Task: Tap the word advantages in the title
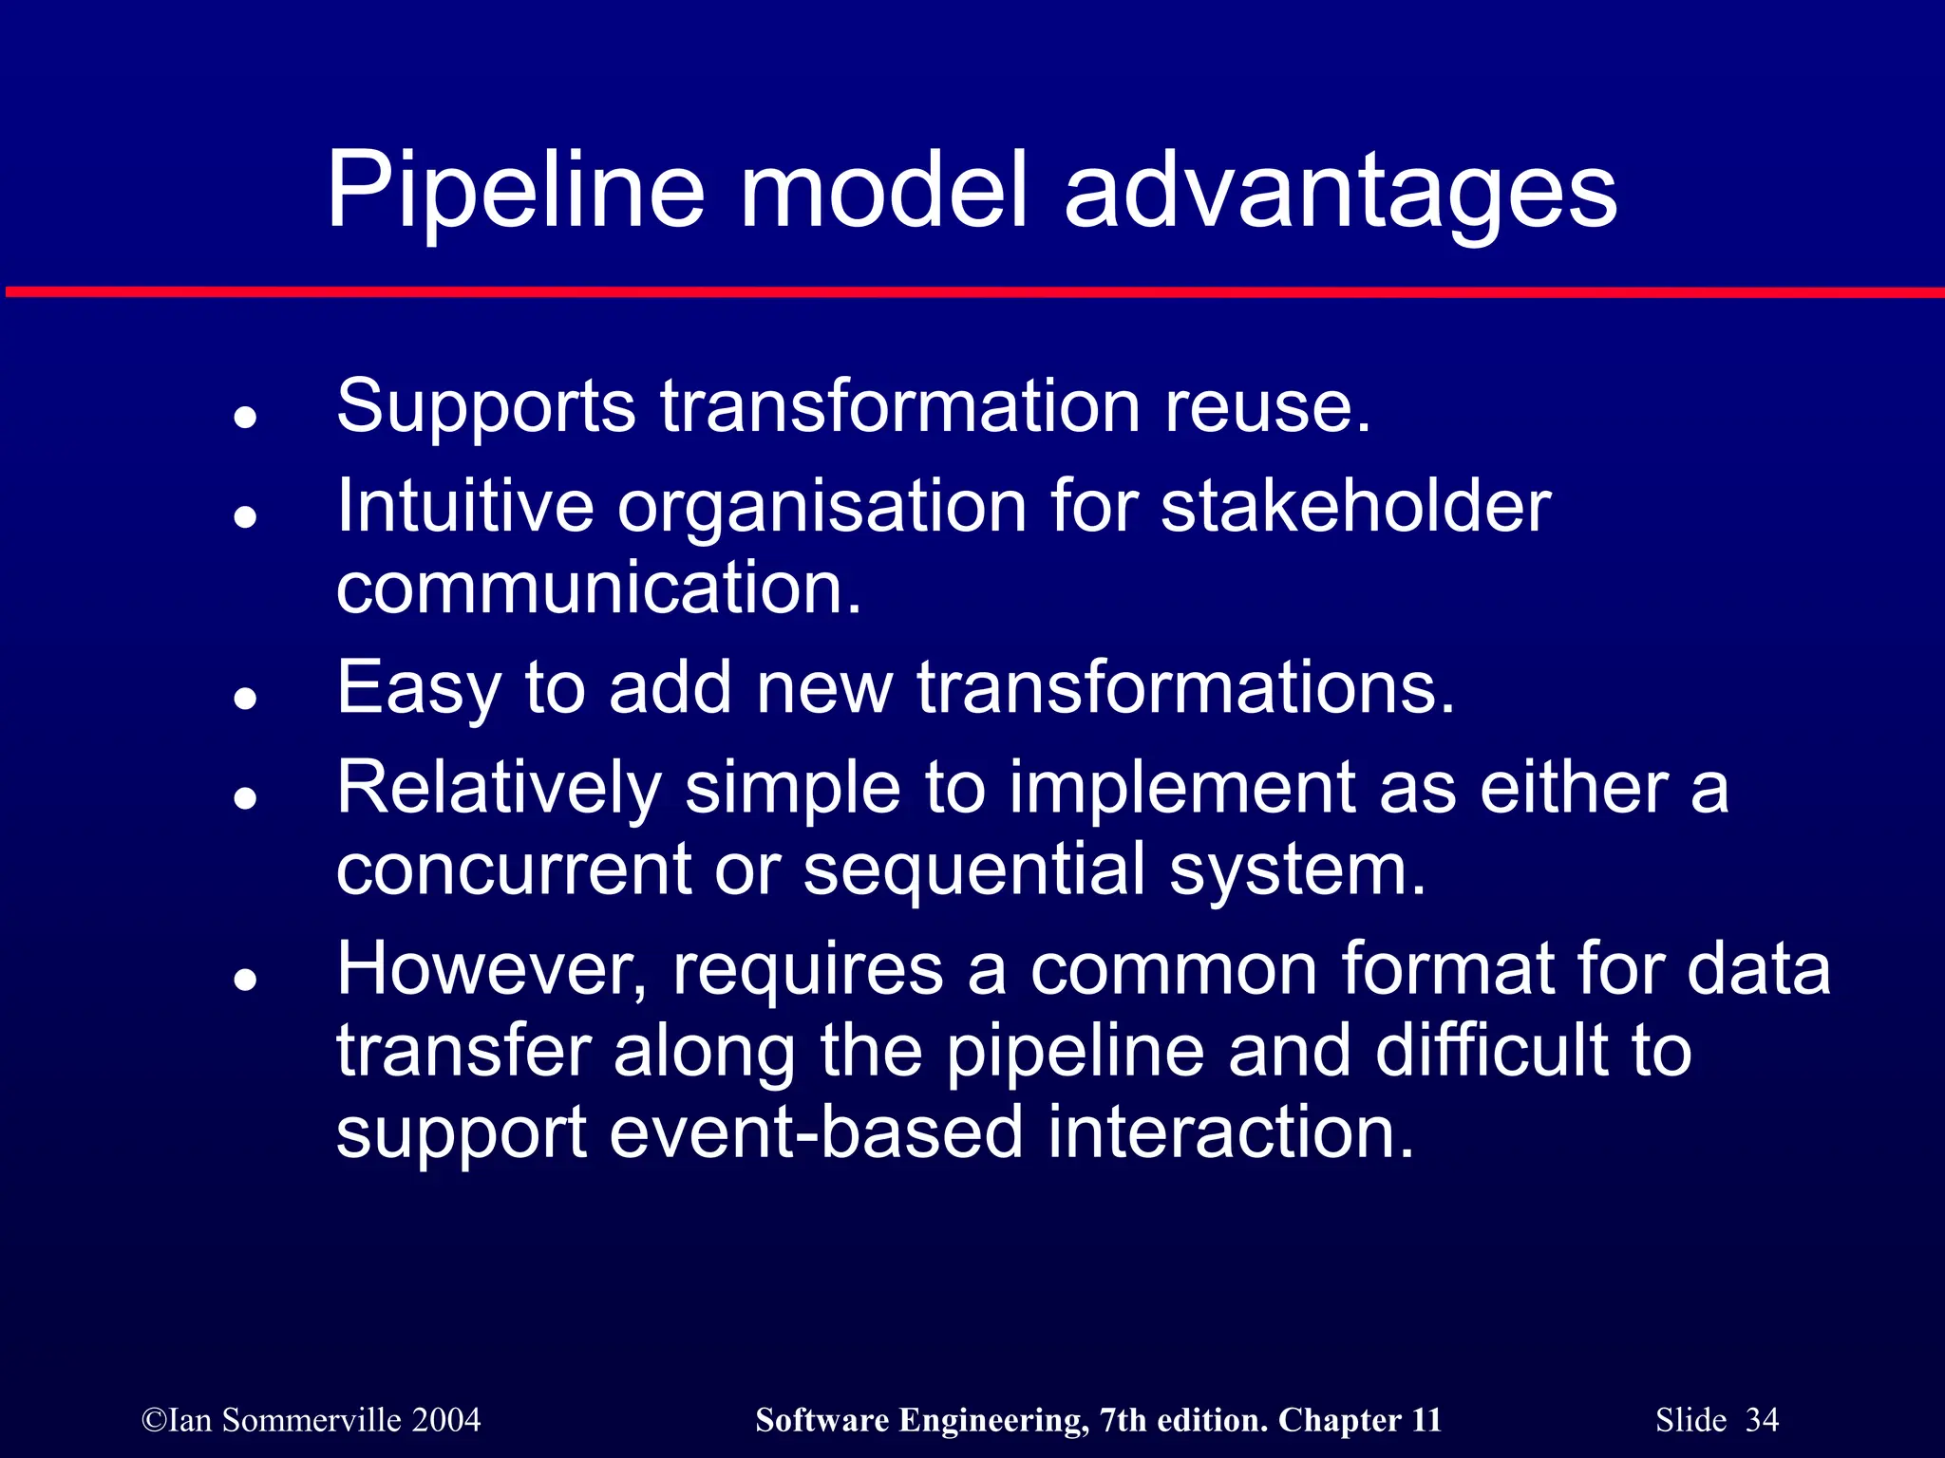point(1340,192)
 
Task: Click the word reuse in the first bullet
point(1267,406)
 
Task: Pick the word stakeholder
point(1355,506)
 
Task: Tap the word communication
point(599,588)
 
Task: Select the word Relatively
point(499,789)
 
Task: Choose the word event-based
point(816,1132)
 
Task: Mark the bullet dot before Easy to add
point(246,699)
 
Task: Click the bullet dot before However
point(246,981)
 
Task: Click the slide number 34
point(1762,1420)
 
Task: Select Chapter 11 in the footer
point(1359,1420)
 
